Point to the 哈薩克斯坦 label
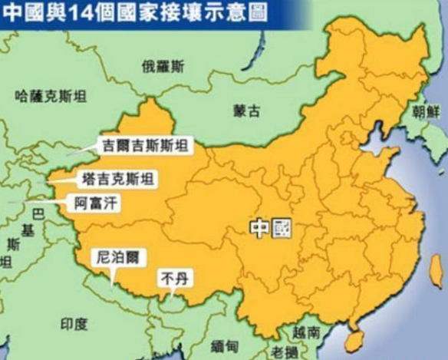pos(51,96)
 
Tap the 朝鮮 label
pos(427,111)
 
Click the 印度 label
pos(74,324)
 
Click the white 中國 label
pos(271,227)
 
